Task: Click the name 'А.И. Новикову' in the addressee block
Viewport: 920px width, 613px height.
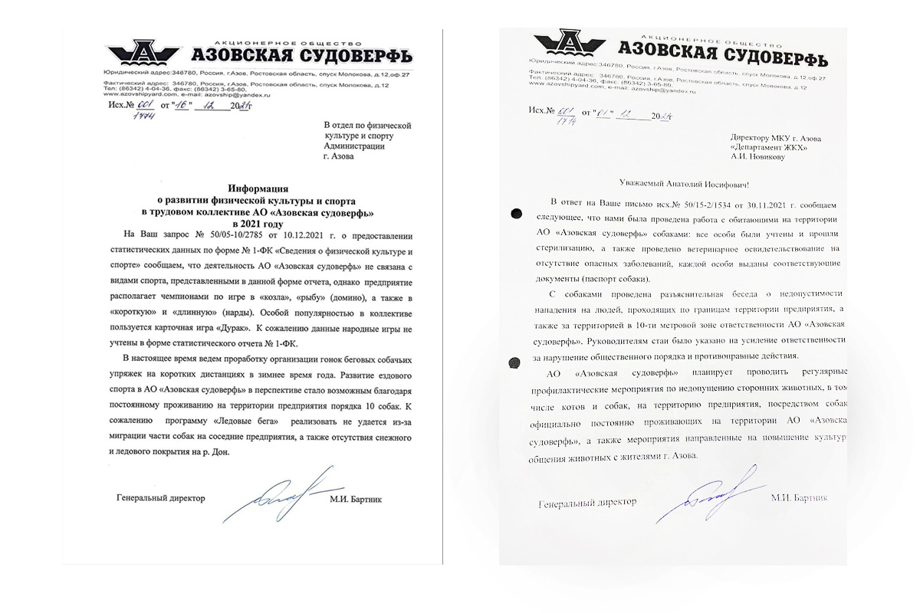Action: pyautogui.click(x=756, y=159)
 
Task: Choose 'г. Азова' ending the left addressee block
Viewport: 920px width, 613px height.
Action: pyautogui.click(x=339, y=156)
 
